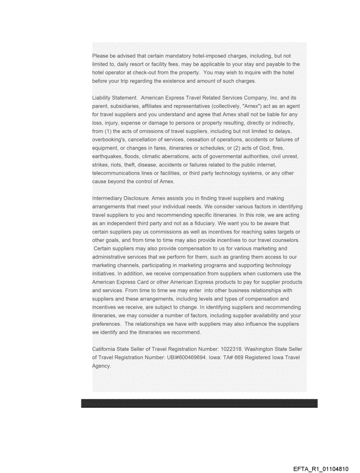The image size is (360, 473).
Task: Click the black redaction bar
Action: coord(199,403)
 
